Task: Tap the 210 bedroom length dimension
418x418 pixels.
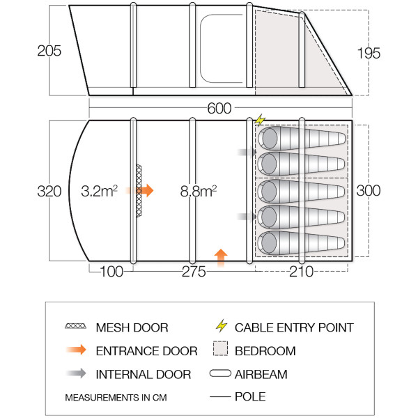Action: click(x=301, y=272)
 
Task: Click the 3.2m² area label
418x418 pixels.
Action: click(x=99, y=190)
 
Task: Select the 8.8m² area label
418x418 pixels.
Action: click(x=196, y=190)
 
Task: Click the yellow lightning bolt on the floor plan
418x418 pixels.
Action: click(x=261, y=120)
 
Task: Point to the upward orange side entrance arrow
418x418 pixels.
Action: click(x=221, y=256)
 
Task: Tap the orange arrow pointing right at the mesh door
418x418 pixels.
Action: click(x=144, y=189)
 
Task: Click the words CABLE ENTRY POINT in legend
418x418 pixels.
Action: click(x=294, y=327)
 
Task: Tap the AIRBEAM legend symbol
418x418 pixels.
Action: click(x=221, y=375)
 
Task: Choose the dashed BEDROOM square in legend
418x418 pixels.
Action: click(x=221, y=351)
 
